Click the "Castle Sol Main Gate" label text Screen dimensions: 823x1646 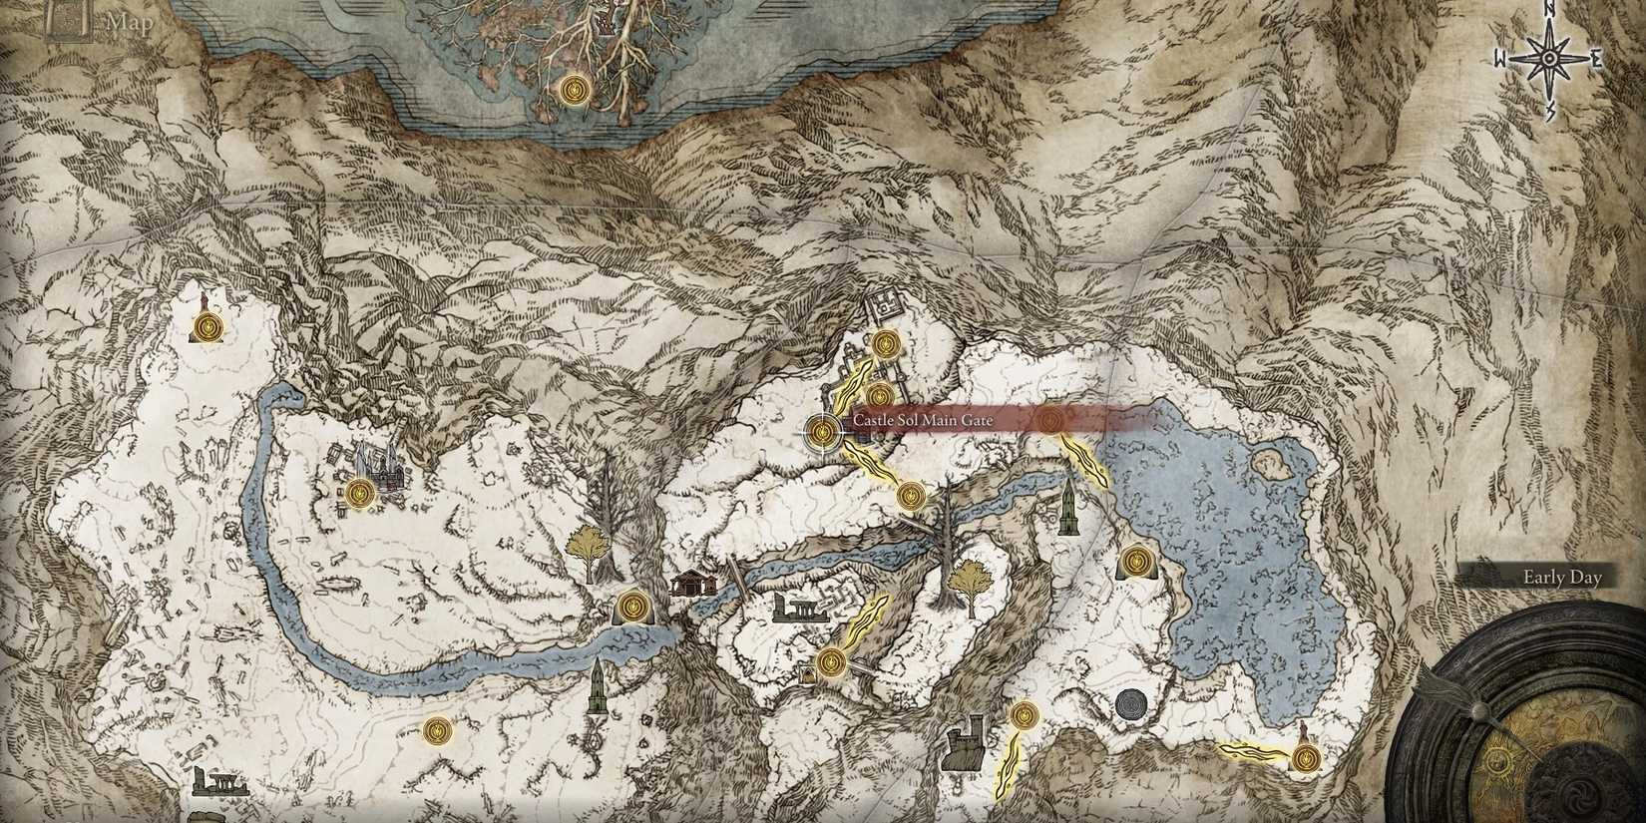tap(923, 421)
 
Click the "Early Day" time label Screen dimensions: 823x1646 tap(1561, 577)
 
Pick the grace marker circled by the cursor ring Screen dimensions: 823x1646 tap(823, 431)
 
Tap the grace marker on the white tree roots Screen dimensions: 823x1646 tap(573, 91)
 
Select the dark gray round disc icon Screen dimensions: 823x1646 tap(1132, 704)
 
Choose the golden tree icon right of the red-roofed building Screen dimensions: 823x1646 tap(968, 578)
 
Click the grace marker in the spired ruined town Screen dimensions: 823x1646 tap(361, 491)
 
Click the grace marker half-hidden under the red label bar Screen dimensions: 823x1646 tap(1049, 420)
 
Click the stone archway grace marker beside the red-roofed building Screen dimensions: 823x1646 tap(633, 606)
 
